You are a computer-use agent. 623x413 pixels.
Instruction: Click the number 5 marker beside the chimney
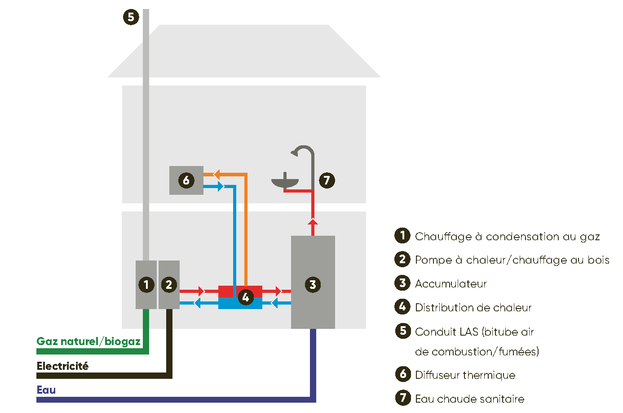pyautogui.click(x=131, y=18)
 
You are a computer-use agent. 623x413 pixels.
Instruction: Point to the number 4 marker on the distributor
pyautogui.click(x=245, y=297)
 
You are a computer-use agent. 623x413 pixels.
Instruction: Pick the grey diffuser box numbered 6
pyautogui.click(x=186, y=180)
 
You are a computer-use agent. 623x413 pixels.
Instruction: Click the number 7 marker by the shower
pyautogui.click(x=327, y=180)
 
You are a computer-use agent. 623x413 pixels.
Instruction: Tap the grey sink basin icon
pyautogui.click(x=285, y=182)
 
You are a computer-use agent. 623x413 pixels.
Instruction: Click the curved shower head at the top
pyautogui.click(x=302, y=151)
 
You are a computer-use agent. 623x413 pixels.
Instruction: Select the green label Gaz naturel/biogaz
pyautogui.click(x=88, y=341)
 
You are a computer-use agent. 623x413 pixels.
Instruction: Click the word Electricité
pyautogui.click(x=62, y=366)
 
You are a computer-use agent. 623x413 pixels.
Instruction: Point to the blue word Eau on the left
pyautogui.click(x=46, y=390)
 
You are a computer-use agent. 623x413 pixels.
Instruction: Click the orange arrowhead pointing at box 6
pyautogui.click(x=216, y=174)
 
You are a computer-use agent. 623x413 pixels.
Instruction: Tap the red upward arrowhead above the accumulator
pyautogui.click(x=313, y=221)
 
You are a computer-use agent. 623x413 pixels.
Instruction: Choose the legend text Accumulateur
pyautogui.click(x=451, y=284)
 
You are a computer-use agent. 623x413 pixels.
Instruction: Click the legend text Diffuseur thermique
pyautogui.click(x=465, y=375)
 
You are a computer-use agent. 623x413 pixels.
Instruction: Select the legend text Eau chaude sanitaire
pyautogui.click(x=469, y=399)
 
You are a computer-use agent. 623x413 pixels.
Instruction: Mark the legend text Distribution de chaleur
pyautogui.click(x=473, y=308)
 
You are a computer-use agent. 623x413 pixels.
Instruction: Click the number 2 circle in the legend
pyautogui.click(x=402, y=259)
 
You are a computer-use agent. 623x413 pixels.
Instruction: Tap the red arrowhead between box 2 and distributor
pyautogui.click(x=201, y=291)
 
